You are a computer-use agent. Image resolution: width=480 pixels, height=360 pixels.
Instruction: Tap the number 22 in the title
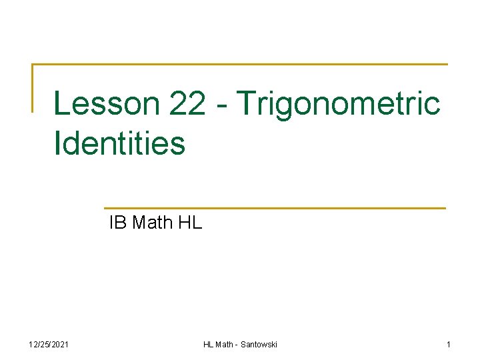[x=187, y=104]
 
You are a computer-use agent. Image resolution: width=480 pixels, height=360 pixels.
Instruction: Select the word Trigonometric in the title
[x=339, y=104]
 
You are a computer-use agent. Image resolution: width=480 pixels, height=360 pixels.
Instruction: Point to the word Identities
[x=119, y=143]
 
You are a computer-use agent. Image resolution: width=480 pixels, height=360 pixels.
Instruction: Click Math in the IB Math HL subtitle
[x=153, y=223]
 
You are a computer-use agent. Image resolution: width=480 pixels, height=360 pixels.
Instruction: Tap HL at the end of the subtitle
[x=190, y=223]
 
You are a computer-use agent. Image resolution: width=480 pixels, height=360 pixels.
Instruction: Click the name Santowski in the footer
[x=258, y=344]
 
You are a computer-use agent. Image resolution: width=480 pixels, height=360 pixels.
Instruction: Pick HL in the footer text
[x=209, y=344]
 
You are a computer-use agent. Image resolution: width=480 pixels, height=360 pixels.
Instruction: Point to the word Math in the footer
[x=225, y=344]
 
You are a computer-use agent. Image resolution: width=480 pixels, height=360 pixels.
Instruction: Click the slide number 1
[x=449, y=344]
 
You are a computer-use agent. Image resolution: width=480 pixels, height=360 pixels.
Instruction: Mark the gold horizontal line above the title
[x=240, y=65]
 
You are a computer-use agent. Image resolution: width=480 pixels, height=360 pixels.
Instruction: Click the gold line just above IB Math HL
[x=275, y=208]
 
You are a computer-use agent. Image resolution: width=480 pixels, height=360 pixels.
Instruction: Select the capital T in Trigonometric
[x=249, y=104]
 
